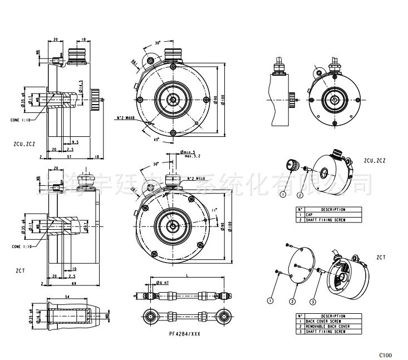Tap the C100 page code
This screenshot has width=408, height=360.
[386, 354]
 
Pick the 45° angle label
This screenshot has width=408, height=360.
[158, 139]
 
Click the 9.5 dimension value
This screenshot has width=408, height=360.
[75, 142]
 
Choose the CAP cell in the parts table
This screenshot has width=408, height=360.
[309, 214]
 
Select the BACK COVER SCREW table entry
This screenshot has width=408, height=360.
[324, 321]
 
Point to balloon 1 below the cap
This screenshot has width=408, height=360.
[283, 194]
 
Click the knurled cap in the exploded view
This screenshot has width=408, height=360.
[291, 165]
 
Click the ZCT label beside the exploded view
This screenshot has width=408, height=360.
[381, 258]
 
